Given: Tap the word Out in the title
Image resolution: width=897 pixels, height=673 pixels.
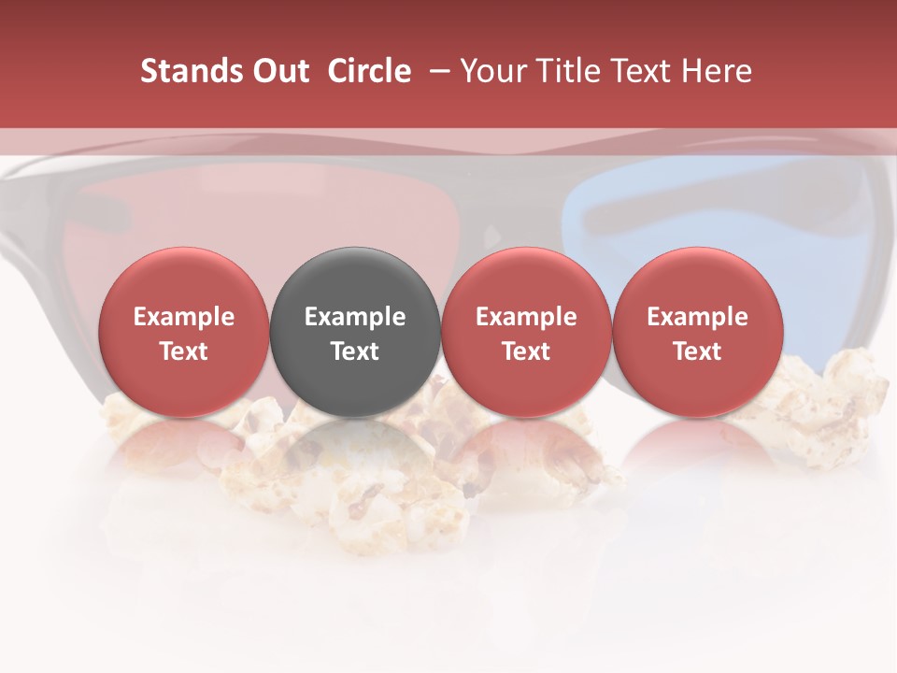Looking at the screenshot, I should pos(279,72).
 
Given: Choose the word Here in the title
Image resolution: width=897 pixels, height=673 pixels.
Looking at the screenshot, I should pos(718,72).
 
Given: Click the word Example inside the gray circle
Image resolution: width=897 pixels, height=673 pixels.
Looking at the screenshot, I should pos(355,317).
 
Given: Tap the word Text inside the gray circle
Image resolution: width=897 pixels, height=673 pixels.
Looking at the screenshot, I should pos(355,351).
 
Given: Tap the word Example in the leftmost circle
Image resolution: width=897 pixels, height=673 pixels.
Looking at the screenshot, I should pos(183,317).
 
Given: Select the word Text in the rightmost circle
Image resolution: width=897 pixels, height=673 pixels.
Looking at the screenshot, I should pos(697,351).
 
